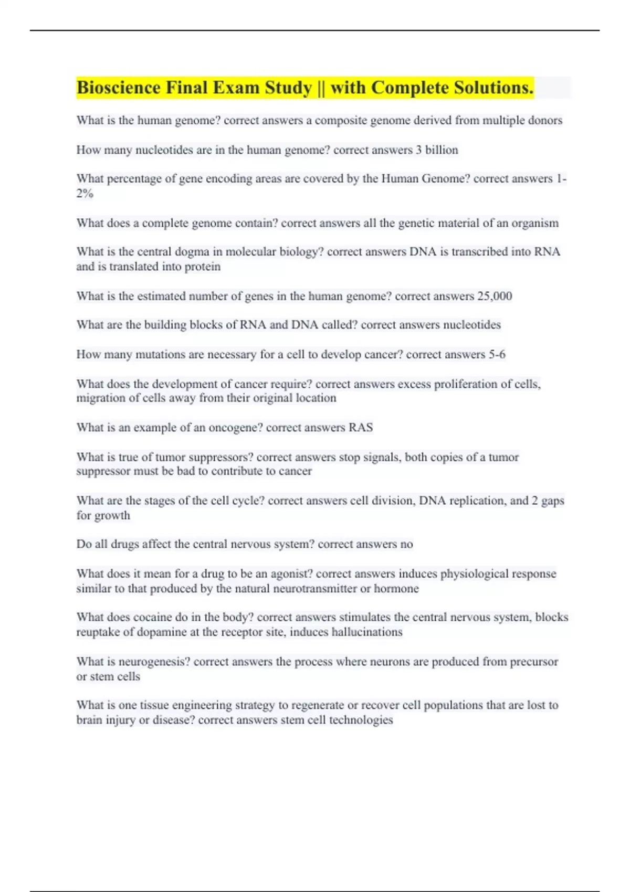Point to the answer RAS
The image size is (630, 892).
click(361, 428)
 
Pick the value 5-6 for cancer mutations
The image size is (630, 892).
click(497, 355)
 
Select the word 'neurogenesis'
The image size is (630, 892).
click(158, 662)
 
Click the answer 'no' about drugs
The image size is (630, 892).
click(406, 544)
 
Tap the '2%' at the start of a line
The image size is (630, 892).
click(85, 194)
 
